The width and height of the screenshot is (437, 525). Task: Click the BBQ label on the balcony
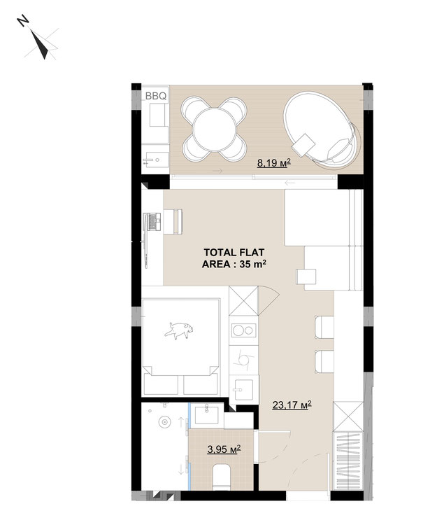(155, 96)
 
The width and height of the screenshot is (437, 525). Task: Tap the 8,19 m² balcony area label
(273, 163)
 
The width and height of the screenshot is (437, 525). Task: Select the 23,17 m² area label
(292, 405)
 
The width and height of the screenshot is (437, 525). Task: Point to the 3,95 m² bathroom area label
(224, 449)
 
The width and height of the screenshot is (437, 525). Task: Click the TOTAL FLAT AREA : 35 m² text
(234, 258)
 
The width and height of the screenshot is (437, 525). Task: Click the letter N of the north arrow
(23, 21)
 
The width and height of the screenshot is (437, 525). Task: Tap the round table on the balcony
(215, 129)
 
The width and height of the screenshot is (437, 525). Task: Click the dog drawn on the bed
(179, 330)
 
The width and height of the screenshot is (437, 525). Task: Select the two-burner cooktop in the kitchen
(243, 330)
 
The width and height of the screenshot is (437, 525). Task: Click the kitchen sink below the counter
(244, 389)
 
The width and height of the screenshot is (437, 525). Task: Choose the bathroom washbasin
(206, 414)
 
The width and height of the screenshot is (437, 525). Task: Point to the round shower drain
(164, 421)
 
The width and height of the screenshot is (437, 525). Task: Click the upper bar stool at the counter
(324, 327)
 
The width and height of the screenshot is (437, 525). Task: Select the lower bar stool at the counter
(324, 361)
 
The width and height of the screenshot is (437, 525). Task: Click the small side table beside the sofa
(306, 276)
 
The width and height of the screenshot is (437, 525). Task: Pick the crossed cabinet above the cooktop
(244, 301)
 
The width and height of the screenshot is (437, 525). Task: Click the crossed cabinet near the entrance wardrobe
(348, 416)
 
